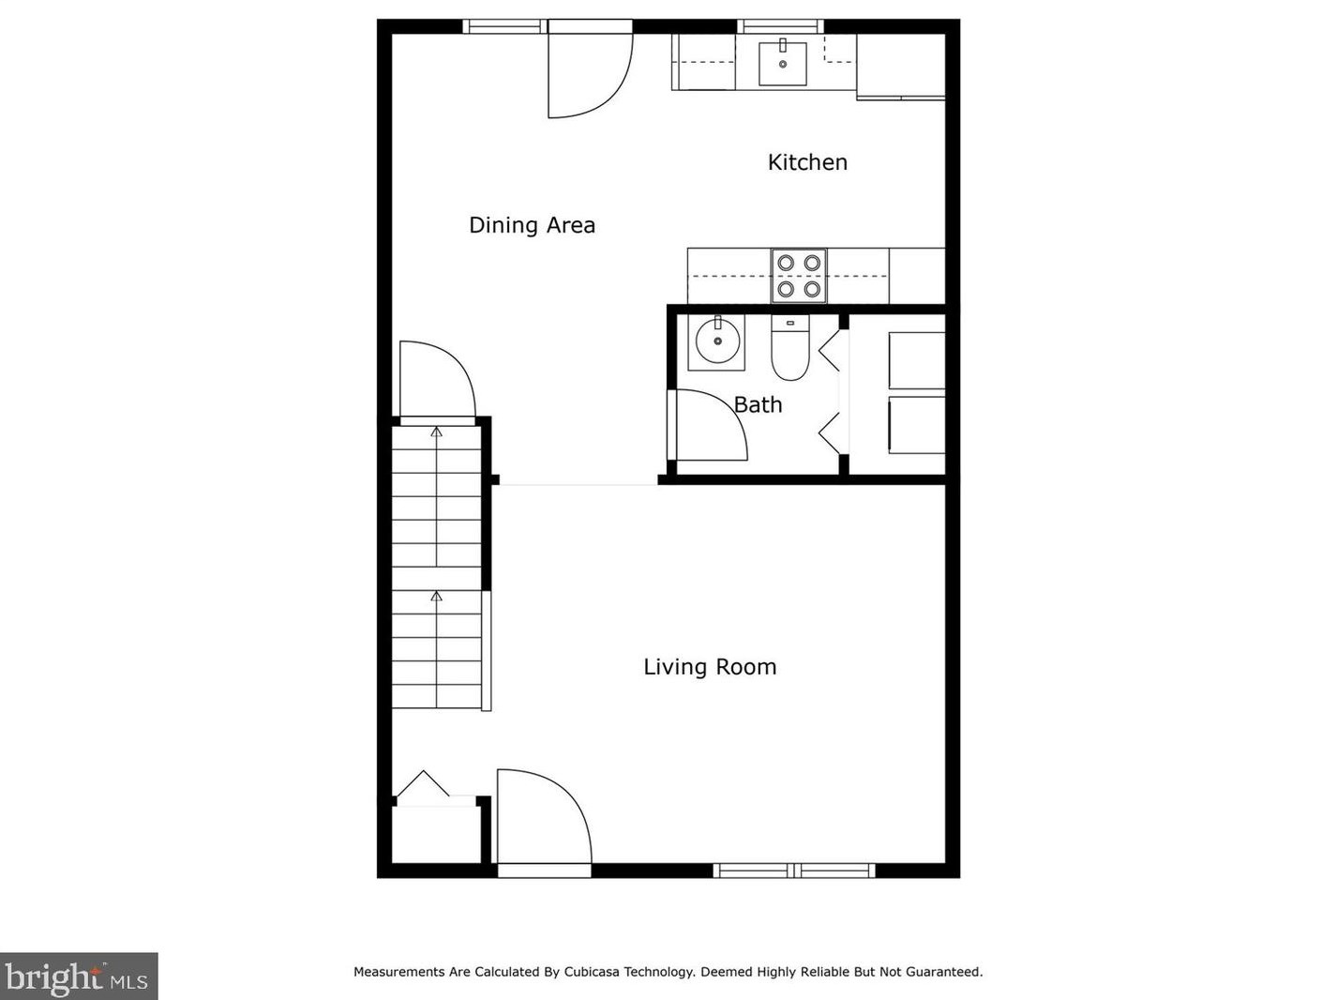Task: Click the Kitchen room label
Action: point(807,162)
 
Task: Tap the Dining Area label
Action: point(532,225)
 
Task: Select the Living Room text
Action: point(710,667)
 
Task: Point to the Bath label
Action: point(758,405)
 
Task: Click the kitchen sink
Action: point(783,63)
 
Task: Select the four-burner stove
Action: point(799,276)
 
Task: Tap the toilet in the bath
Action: point(790,348)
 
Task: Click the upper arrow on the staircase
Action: point(436,432)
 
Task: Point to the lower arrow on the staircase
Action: point(436,597)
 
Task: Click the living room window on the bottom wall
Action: point(794,871)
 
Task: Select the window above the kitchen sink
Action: point(780,26)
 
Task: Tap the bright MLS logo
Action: point(78,977)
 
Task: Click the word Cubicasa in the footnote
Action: point(597,972)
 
